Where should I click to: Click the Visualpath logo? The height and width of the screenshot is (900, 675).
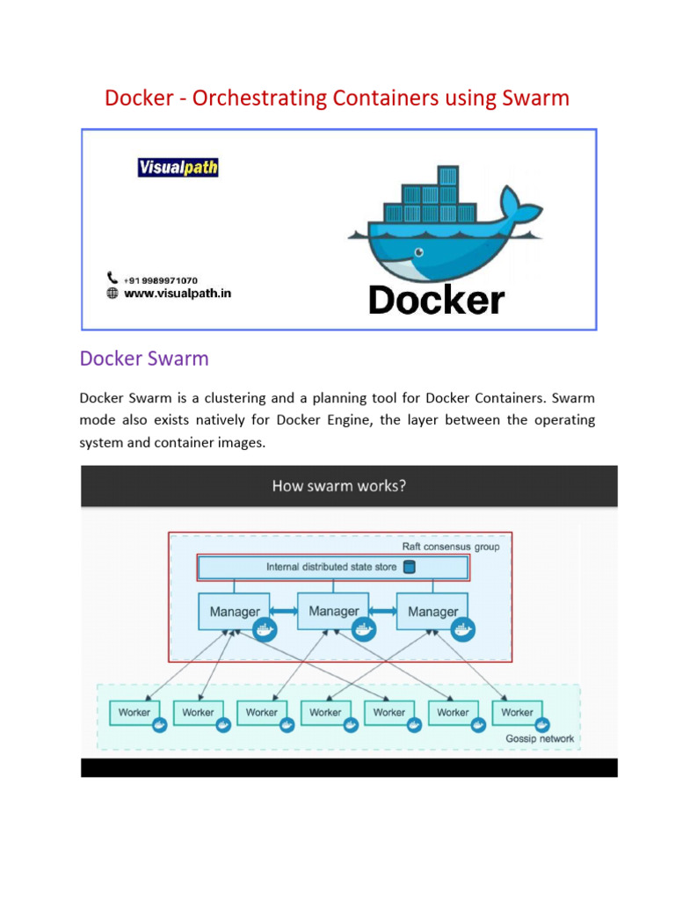pos(178,167)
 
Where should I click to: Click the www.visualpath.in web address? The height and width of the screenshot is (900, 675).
pos(178,294)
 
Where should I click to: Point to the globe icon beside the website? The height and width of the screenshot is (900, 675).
pos(112,294)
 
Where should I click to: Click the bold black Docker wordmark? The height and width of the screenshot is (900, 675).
pos(437,301)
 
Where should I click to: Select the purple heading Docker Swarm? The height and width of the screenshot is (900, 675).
pos(144,359)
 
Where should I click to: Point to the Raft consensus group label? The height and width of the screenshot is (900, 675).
pos(451,547)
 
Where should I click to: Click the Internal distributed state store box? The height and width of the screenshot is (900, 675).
pos(332,568)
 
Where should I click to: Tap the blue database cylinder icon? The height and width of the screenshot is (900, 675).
pos(409,567)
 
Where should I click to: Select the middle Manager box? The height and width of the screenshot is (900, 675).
pos(334,612)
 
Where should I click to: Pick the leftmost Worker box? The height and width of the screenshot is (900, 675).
pos(134,713)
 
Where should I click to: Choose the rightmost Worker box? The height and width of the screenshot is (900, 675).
pos(517,713)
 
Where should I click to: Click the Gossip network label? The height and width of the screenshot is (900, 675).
pos(540,738)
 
